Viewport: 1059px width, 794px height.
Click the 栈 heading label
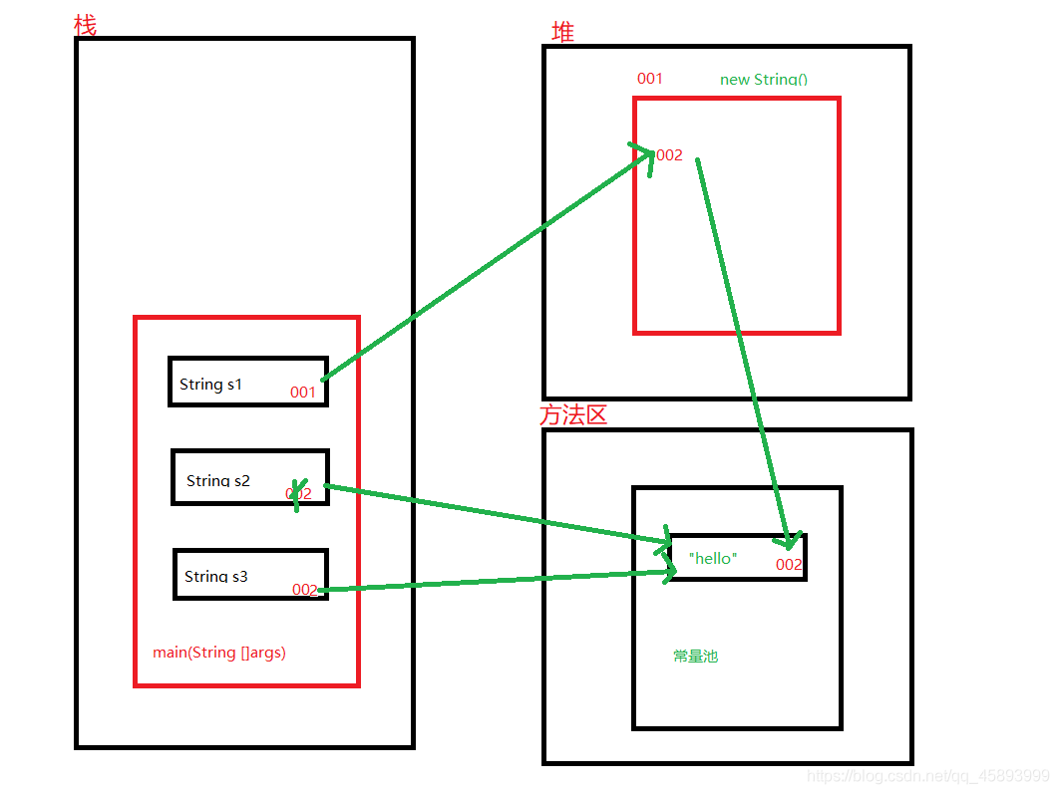pos(86,26)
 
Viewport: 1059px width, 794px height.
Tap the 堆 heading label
pos(563,32)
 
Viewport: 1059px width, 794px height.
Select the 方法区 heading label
pos(573,414)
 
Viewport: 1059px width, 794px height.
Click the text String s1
pos(210,384)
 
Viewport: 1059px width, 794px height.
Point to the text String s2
pos(217,480)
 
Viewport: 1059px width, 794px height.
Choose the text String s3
pos(215,576)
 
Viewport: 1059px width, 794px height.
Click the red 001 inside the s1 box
pos(303,393)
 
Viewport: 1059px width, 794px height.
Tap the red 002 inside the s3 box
pos(305,590)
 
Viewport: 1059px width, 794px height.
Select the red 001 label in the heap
pos(650,78)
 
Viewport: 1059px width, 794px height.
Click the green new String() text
pos(764,79)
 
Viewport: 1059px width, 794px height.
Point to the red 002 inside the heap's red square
pos(668,155)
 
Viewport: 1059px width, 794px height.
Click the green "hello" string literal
pos(713,558)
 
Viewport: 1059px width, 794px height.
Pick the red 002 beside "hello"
pos(789,565)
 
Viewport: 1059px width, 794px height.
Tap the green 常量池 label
pos(695,657)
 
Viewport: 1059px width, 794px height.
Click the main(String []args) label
pos(219,653)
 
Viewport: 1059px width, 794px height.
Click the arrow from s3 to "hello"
pos(499,581)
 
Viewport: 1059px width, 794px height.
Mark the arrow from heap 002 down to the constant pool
pos(743,349)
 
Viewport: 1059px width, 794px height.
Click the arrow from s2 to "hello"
pos(499,514)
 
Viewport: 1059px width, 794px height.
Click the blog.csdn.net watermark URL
pos(927,775)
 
